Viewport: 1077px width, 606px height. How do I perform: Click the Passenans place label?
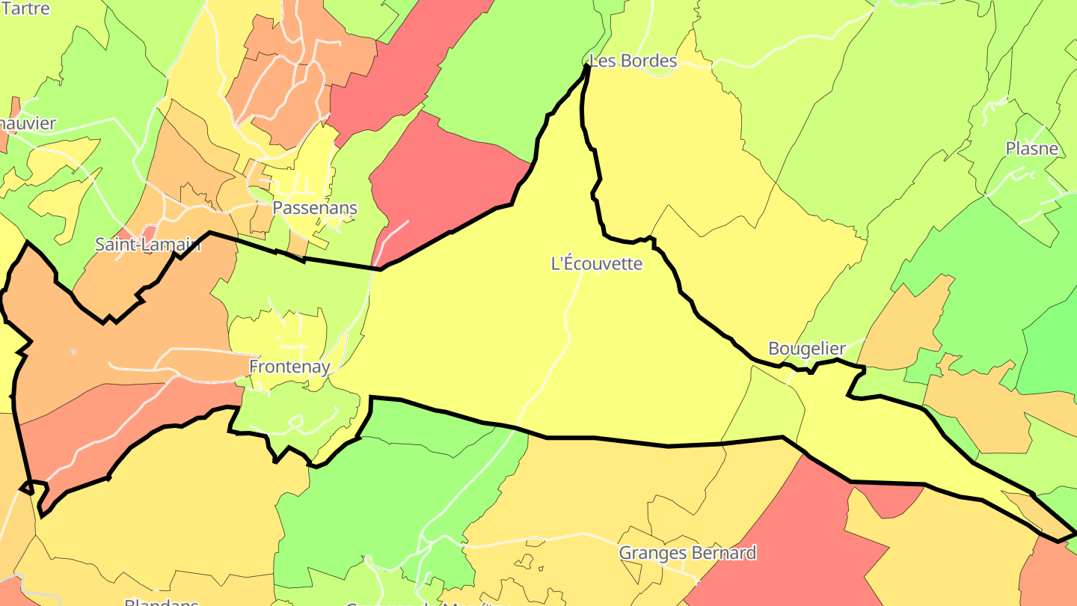(x=315, y=208)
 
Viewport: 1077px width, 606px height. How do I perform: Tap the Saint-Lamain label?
(x=148, y=244)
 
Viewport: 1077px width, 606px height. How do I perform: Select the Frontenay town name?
(x=289, y=367)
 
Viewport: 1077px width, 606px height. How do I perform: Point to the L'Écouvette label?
(x=596, y=263)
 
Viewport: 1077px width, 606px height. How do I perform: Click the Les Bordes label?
(x=633, y=61)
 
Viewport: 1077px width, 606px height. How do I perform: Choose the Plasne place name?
(x=1032, y=149)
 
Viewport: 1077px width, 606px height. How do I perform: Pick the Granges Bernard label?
(x=687, y=553)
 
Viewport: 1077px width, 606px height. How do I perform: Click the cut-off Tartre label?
(x=25, y=9)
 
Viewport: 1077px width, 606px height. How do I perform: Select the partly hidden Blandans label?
(x=162, y=602)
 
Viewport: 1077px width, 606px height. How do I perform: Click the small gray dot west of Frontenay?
(x=73, y=351)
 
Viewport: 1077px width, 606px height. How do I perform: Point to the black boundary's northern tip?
(x=587, y=67)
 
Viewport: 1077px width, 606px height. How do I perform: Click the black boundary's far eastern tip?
(x=1074, y=533)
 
